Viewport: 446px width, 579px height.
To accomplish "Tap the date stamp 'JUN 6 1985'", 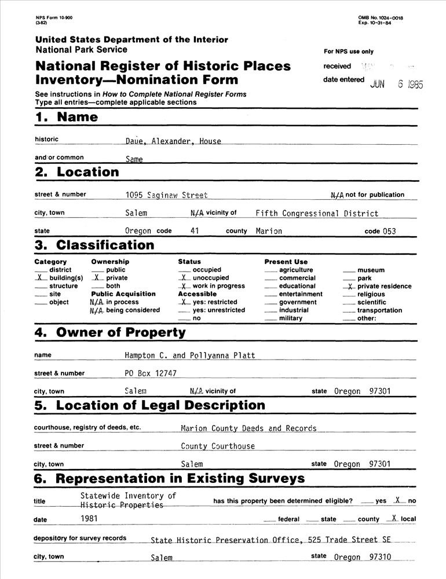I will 397,84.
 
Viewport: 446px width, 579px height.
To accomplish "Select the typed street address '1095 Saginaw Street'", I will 166,196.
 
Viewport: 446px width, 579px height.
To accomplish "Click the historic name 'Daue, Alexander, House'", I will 173,141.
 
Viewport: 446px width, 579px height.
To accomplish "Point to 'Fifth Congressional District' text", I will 317,214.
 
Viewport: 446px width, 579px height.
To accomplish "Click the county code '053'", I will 389,232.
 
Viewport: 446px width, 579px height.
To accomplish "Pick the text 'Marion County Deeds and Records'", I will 248,429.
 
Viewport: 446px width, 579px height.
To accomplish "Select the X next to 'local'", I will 393,519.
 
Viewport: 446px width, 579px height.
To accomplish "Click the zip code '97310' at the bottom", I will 380,558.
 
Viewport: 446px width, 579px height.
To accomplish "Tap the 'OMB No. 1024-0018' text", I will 381,19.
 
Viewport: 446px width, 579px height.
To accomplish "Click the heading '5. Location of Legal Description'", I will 149,405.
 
